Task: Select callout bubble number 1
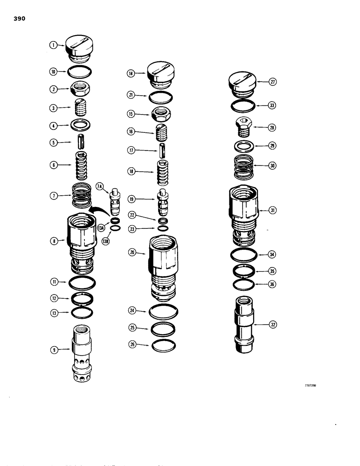tap(55, 45)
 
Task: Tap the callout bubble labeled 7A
tap(99, 188)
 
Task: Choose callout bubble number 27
tap(273, 82)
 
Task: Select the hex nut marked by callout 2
tap(82, 89)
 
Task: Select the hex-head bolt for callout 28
tap(242, 126)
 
